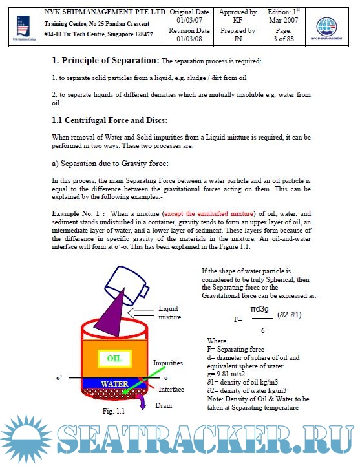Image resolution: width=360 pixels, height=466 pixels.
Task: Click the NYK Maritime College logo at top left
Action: pos(24,28)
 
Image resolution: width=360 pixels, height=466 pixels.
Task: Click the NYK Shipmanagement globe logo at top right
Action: pos(326,28)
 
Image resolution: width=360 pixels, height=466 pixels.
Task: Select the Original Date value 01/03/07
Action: pos(189,20)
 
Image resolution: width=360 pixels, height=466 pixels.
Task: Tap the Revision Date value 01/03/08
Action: pos(189,39)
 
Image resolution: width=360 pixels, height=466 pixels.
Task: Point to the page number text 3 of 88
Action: pos(284,39)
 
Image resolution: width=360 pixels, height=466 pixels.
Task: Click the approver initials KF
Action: pos(238,20)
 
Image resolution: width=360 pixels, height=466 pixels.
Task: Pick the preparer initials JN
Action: pos(238,39)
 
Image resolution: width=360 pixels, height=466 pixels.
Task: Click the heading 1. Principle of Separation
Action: pos(106,60)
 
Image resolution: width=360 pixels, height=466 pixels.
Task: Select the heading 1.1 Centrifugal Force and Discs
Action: pos(109,120)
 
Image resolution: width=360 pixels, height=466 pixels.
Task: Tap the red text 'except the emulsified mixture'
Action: pos(209,213)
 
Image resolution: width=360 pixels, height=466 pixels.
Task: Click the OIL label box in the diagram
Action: pos(114,359)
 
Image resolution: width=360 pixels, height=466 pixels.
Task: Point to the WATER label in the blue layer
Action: pos(114,384)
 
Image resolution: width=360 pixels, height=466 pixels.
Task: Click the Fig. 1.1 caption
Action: pos(114,411)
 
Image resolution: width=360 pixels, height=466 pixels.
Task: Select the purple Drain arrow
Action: pos(142,401)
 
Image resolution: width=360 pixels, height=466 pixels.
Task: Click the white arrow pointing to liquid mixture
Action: pos(140,313)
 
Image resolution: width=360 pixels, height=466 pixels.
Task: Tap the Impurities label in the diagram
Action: pos(168,363)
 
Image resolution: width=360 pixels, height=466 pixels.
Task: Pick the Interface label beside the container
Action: pos(171,389)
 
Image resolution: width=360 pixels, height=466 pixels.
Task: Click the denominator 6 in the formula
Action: pos(263,330)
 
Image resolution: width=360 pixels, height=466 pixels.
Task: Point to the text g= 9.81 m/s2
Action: pos(226,374)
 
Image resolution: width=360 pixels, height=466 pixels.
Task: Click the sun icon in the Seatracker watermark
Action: pos(26,439)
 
